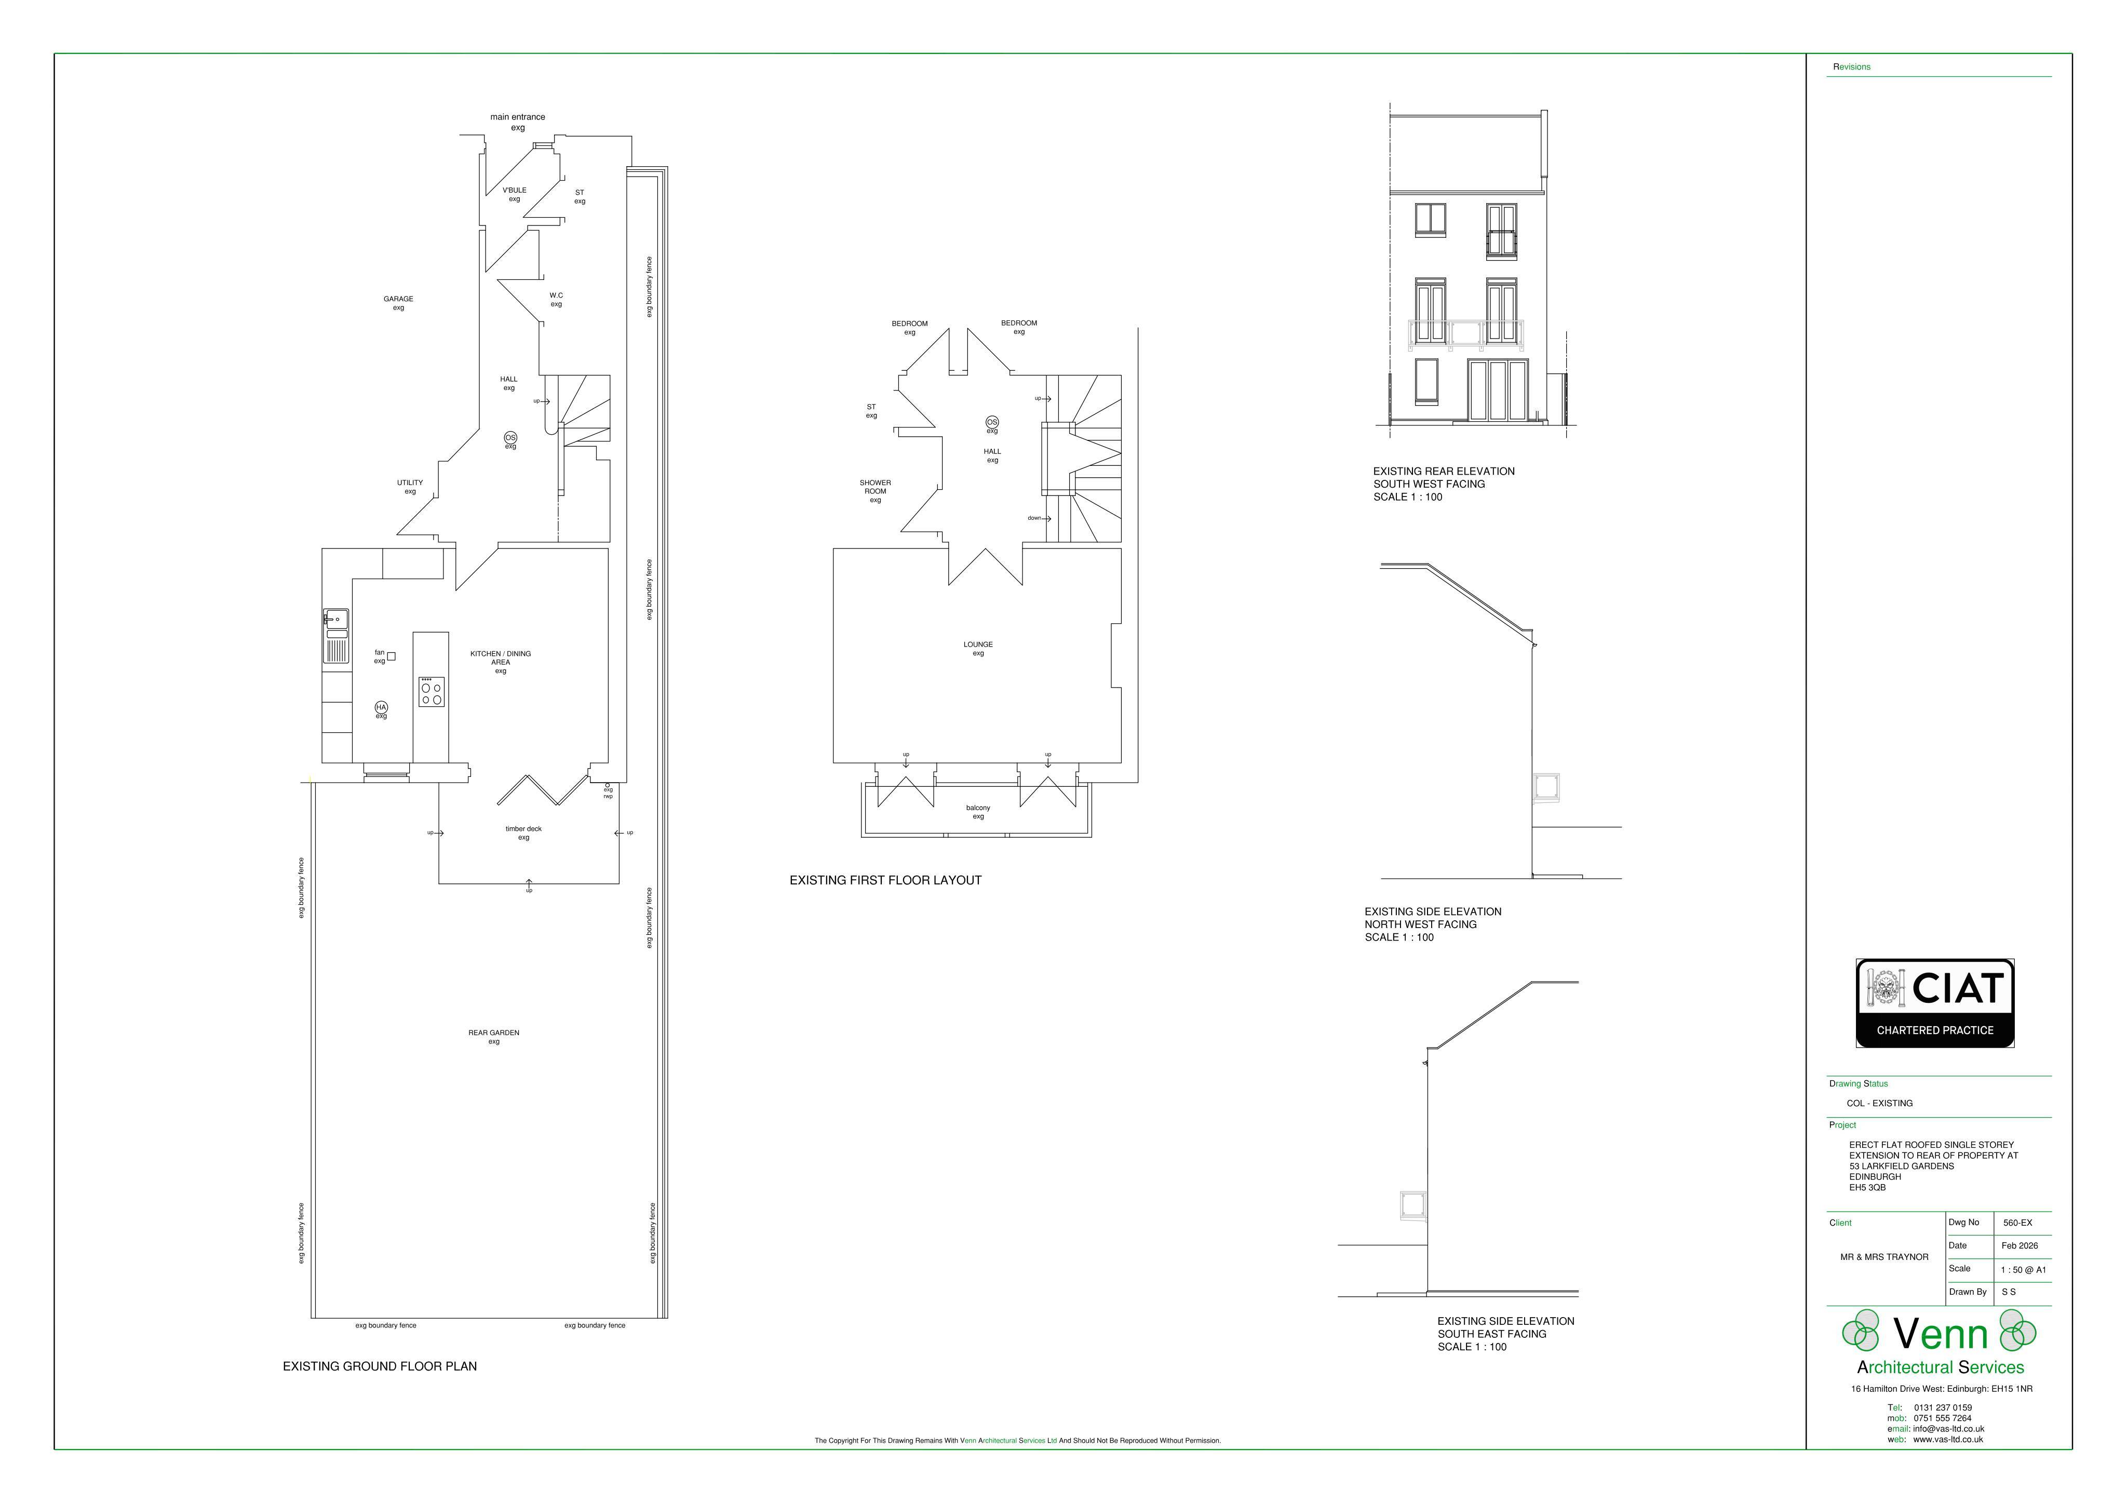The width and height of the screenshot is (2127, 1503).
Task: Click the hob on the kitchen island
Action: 431,691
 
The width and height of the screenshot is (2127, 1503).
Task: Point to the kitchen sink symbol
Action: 335,636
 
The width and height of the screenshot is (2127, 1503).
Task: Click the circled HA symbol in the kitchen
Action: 381,707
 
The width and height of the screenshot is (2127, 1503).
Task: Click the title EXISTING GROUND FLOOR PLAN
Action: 380,1366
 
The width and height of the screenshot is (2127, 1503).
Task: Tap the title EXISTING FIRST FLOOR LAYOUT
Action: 885,880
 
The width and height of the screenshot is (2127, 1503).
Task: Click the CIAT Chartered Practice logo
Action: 1934,1003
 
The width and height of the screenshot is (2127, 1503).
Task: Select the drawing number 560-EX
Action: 2017,1222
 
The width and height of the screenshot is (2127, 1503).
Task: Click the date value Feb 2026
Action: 2020,1245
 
